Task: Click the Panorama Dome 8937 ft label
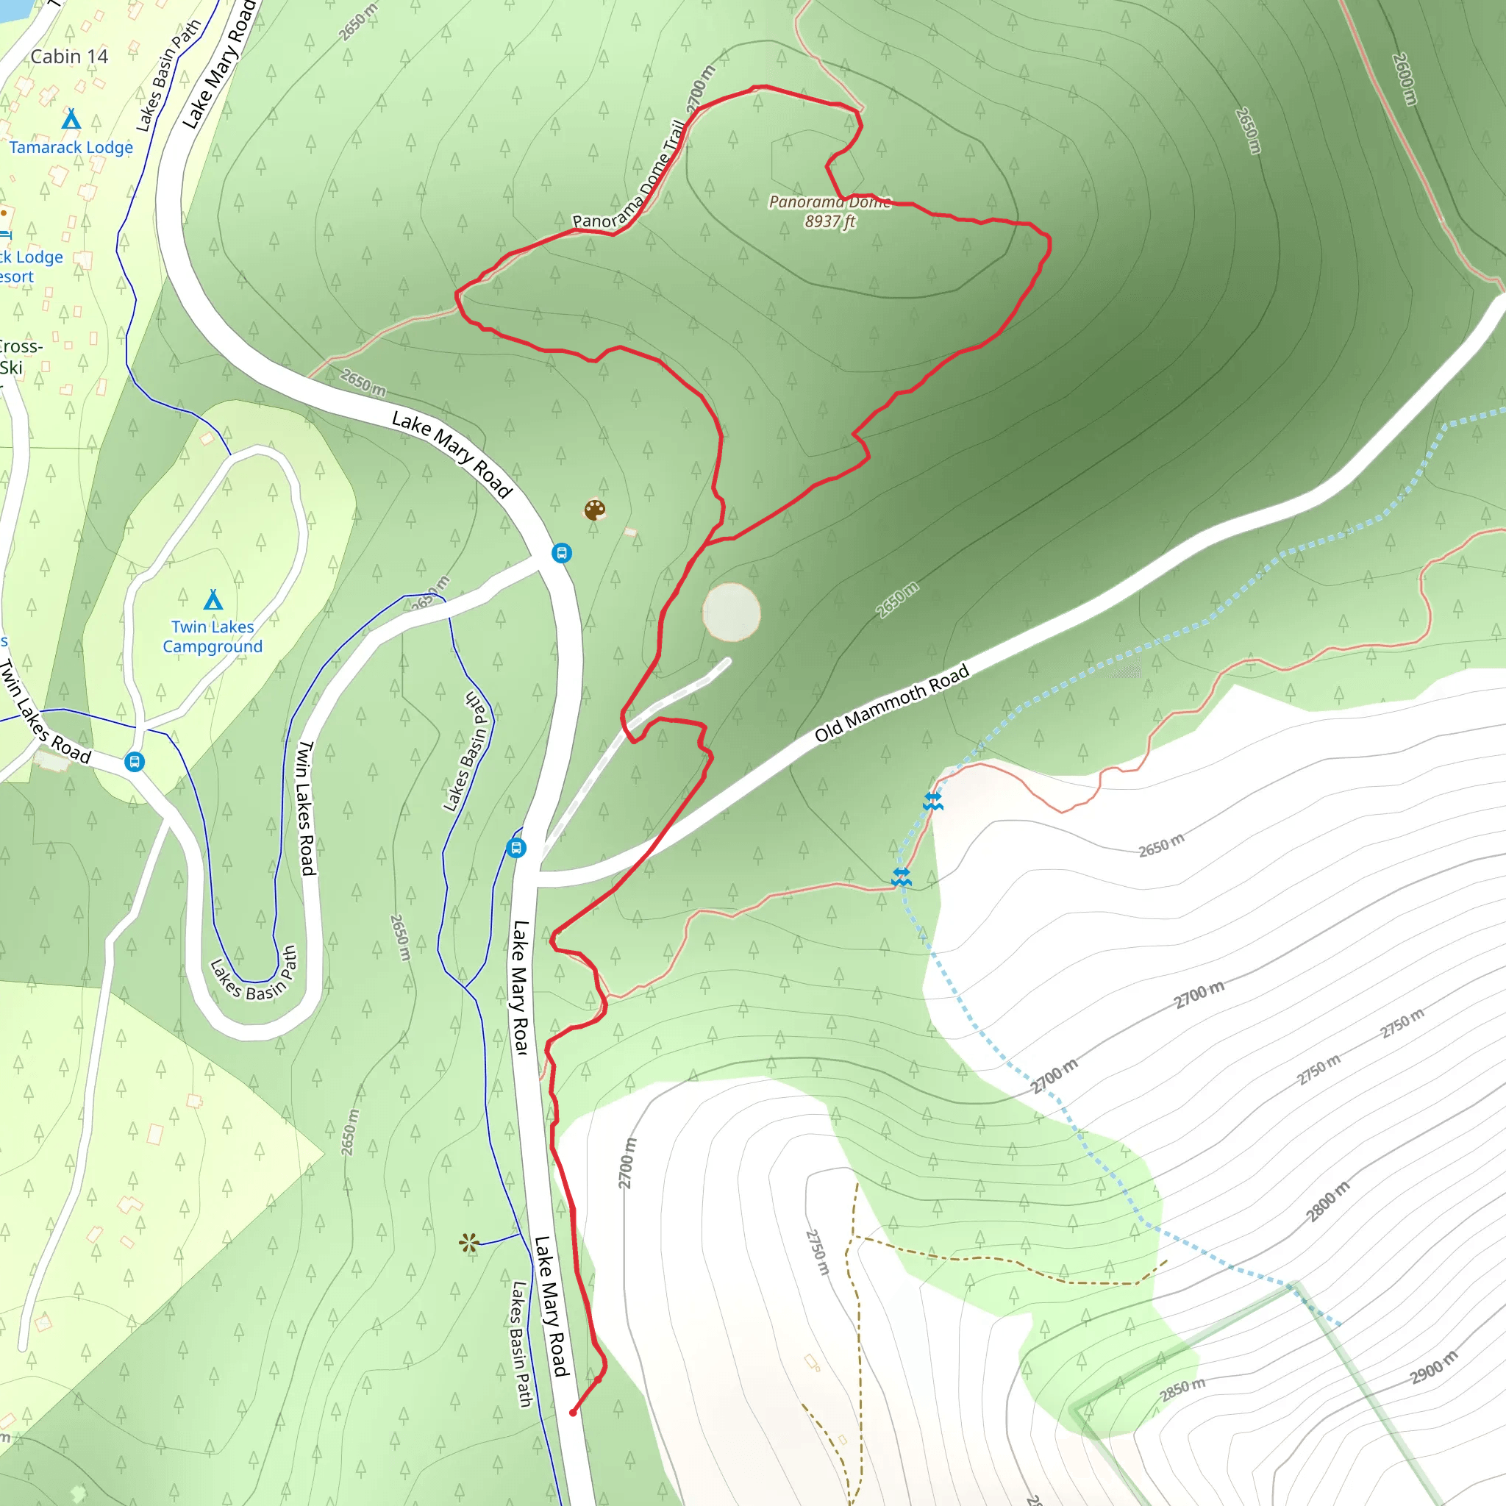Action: [x=830, y=211]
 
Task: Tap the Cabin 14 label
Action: [x=69, y=57]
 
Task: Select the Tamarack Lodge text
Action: [x=71, y=147]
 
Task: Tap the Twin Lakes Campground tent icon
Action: [x=213, y=600]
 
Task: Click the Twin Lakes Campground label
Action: [x=213, y=637]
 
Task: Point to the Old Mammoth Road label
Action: [x=892, y=703]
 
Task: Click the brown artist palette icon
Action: [x=595, y=510]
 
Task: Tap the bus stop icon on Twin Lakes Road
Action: [x=135, y=762]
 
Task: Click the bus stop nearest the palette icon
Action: [x=562, y=553]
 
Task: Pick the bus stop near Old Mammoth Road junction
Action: [x=516, y=847]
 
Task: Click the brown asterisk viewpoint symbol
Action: [x=468, y=1243]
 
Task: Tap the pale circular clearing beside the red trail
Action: [x=731, y=613]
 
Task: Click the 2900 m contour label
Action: [x=1432, y=1368]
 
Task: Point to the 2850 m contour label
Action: [x=1182, y=1389]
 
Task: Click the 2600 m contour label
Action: [x=1404, y=79]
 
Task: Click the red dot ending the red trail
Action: [x=573, y=1413]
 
